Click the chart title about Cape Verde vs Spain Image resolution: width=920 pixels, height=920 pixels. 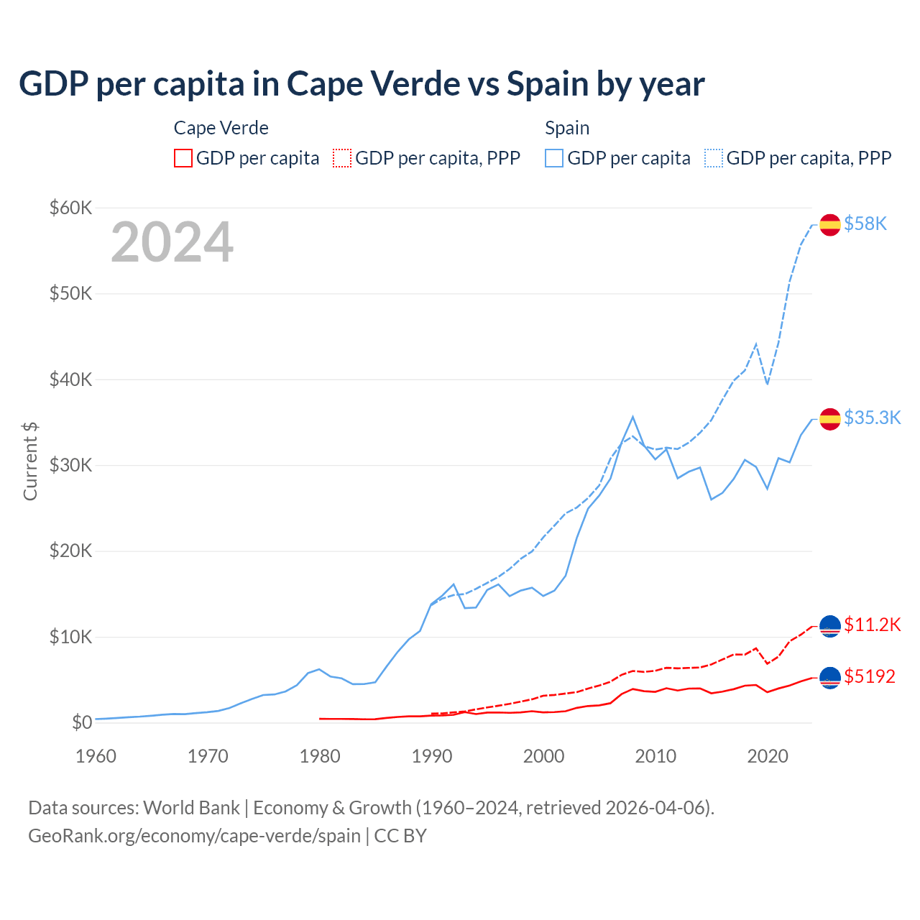[362, 84]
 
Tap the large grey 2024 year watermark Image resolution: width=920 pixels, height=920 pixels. [172, 242]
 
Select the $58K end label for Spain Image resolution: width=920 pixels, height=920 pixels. [865, 224]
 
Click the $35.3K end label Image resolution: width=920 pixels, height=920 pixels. [872, 418]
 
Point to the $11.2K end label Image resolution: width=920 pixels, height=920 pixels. [872, 625]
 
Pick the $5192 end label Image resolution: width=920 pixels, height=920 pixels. [870, 677]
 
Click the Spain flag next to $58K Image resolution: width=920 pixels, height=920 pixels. [830, 224]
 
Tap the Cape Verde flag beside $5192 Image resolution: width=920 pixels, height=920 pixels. [830, 677]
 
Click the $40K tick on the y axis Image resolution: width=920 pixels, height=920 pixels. [70, 379]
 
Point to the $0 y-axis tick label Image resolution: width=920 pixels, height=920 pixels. [82, 722]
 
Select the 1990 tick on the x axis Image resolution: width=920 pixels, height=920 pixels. [432, 756]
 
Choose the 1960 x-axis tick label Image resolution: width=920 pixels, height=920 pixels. [96, 756]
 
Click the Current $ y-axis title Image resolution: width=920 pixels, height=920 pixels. [30, 461]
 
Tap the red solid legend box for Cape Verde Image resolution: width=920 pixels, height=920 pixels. [183, 158]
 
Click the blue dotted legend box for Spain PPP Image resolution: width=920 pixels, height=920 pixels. [714, 158]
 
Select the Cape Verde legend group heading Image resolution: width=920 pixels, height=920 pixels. [221, 128]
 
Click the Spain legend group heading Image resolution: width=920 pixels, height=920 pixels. [567, 128]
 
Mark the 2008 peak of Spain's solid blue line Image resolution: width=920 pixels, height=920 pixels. [632, 417]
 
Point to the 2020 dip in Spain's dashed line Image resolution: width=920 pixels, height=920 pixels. [767, 384]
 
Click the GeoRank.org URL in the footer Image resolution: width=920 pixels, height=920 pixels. [194, 836]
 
